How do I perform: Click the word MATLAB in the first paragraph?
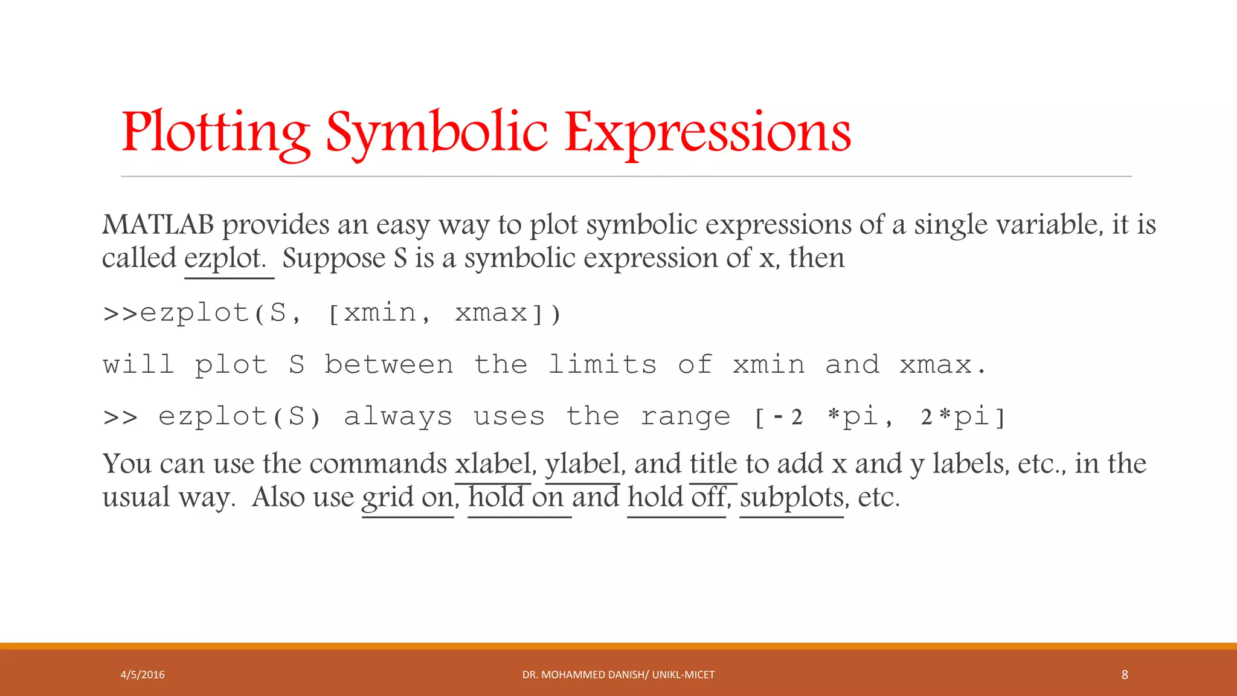coord(158,225)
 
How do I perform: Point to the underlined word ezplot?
coord(225,259)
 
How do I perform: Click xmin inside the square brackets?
coord(380,313)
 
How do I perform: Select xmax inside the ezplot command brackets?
coord(491,313)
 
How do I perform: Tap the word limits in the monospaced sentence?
coord(602,365)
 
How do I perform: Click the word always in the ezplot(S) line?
coord(398,417)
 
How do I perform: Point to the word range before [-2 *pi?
coord(685,417)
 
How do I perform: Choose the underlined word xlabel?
coord(493,464)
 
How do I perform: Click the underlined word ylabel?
coord(582,464)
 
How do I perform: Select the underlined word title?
coord(713,464)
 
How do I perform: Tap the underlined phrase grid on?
coord(408,498)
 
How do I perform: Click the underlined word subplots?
coord(792,498)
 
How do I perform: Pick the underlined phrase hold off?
coord(676,498)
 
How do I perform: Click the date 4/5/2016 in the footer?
coord(143,675)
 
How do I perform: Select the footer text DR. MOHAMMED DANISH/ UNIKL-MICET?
coord(618,675)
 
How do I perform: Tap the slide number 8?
coord(1125,675)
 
